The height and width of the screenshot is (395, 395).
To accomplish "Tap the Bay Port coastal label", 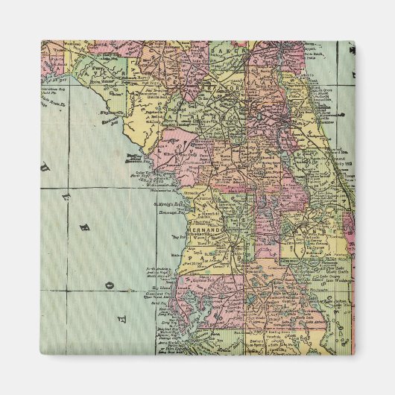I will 180,237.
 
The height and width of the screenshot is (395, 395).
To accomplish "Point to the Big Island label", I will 154,285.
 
